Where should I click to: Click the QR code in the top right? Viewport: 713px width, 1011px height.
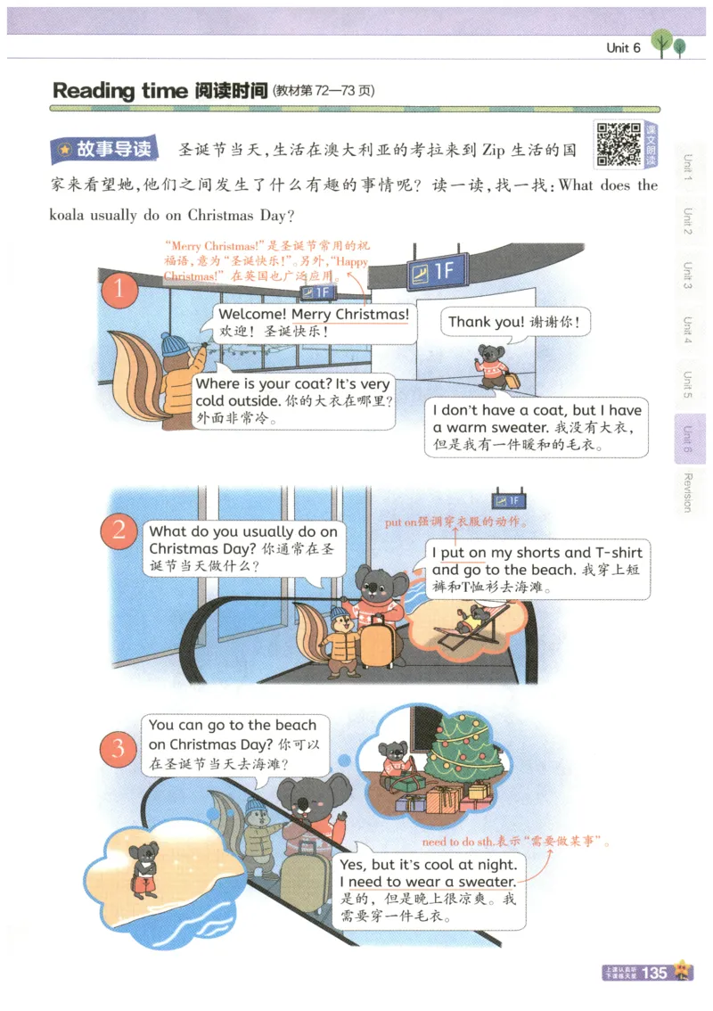pyautogui.click(x=619, y=144)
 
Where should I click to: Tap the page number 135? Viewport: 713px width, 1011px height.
pyautogui.click(x=654, y=973)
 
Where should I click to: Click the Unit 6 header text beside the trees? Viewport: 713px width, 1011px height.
pyautogui.click(x=623, y=48)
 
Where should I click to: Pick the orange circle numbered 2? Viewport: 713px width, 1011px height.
pyautogui.click(x=119, y=532)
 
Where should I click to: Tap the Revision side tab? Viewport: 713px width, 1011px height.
pyautogui.click(x=687, y=491)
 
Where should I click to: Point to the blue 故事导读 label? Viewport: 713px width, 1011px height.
pyautogui.click(x=104, y=149)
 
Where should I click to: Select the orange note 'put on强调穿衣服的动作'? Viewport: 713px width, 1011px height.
pyautogui.click(x=455, y=522)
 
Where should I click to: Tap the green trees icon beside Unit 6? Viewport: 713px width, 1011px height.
pyautogui.click(x=669, y=44)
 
